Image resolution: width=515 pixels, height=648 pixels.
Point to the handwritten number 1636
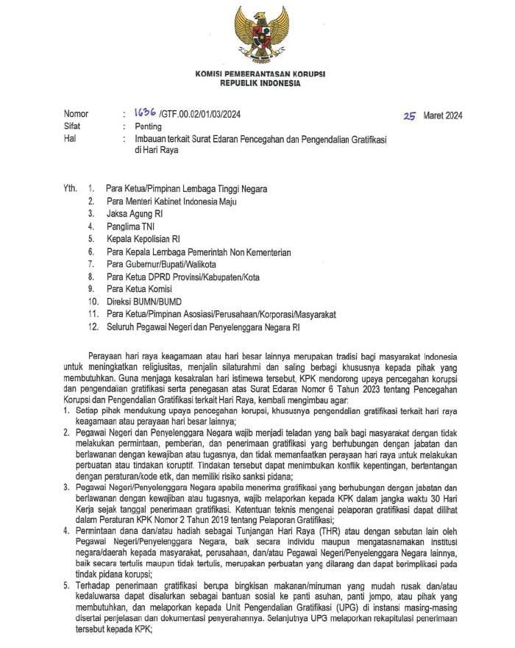[x=144, y=113]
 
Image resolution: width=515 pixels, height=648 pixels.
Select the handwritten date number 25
[x=410, y=115]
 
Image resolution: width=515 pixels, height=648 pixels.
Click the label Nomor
[x=76, y=114]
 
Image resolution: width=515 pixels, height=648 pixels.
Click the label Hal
[x=69, y=138]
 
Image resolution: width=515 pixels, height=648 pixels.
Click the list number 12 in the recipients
[x=92, y=327]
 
